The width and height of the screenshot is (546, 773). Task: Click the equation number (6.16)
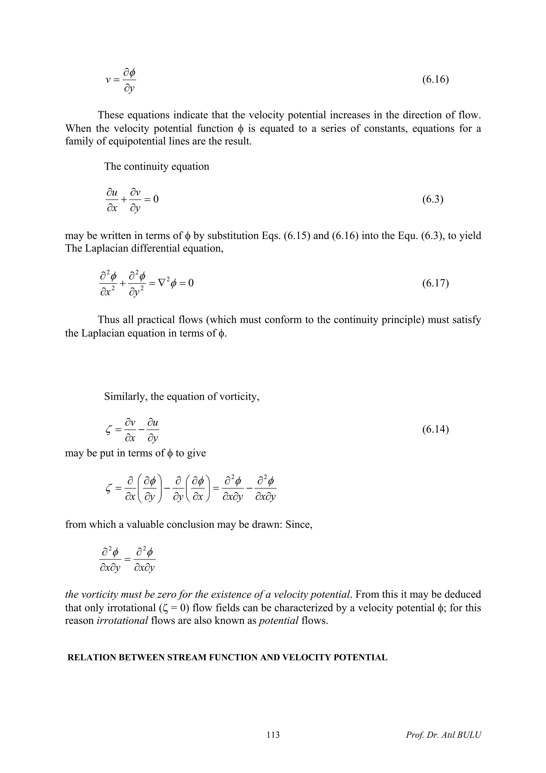tap(435, 80)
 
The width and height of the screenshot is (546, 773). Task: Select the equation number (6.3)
tap(433, 199)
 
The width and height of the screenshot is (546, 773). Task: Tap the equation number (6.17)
tap(435, 283)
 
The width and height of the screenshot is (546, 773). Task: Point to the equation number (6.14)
tap(435, 430)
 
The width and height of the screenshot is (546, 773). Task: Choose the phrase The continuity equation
tap(156, 166)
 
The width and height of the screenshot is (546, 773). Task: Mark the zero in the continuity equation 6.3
tap(156, 199)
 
